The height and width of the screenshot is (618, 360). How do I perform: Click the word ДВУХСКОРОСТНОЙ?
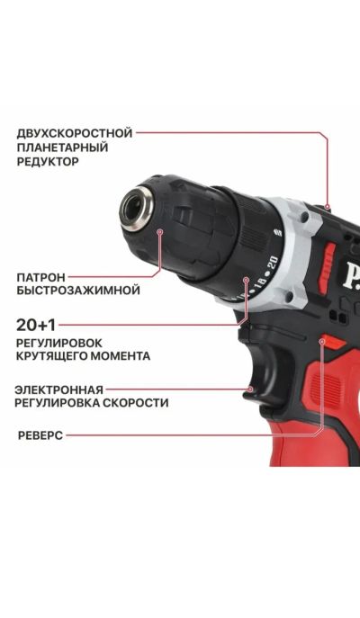click(75, 133)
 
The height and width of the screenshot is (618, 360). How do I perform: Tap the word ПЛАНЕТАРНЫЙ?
click(62, 148)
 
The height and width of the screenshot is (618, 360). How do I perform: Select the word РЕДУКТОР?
click(48, 162)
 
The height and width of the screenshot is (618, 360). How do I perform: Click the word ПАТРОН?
click(41, 277)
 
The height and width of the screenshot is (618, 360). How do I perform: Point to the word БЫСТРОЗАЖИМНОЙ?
click(78, 291)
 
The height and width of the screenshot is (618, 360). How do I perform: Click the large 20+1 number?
click(36, 325)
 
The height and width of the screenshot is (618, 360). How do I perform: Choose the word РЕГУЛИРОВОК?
click(59, 343)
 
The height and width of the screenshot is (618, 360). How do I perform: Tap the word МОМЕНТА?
click(121, 356)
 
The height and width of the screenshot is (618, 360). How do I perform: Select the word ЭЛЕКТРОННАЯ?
click(58, 390)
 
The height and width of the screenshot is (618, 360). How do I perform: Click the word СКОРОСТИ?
click(136, 403)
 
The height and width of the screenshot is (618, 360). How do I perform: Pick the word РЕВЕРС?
click(40, 436)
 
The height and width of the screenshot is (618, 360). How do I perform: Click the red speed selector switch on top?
click(328, 261)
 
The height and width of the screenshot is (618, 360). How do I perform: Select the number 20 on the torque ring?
click(274, 263)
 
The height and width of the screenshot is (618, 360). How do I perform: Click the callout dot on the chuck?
click(159, 232)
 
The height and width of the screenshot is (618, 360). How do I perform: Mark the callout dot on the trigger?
click(251, 390)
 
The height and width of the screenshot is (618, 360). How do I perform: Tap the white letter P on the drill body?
click(351, 277)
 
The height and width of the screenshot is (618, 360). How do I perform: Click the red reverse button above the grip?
click(332, 342)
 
